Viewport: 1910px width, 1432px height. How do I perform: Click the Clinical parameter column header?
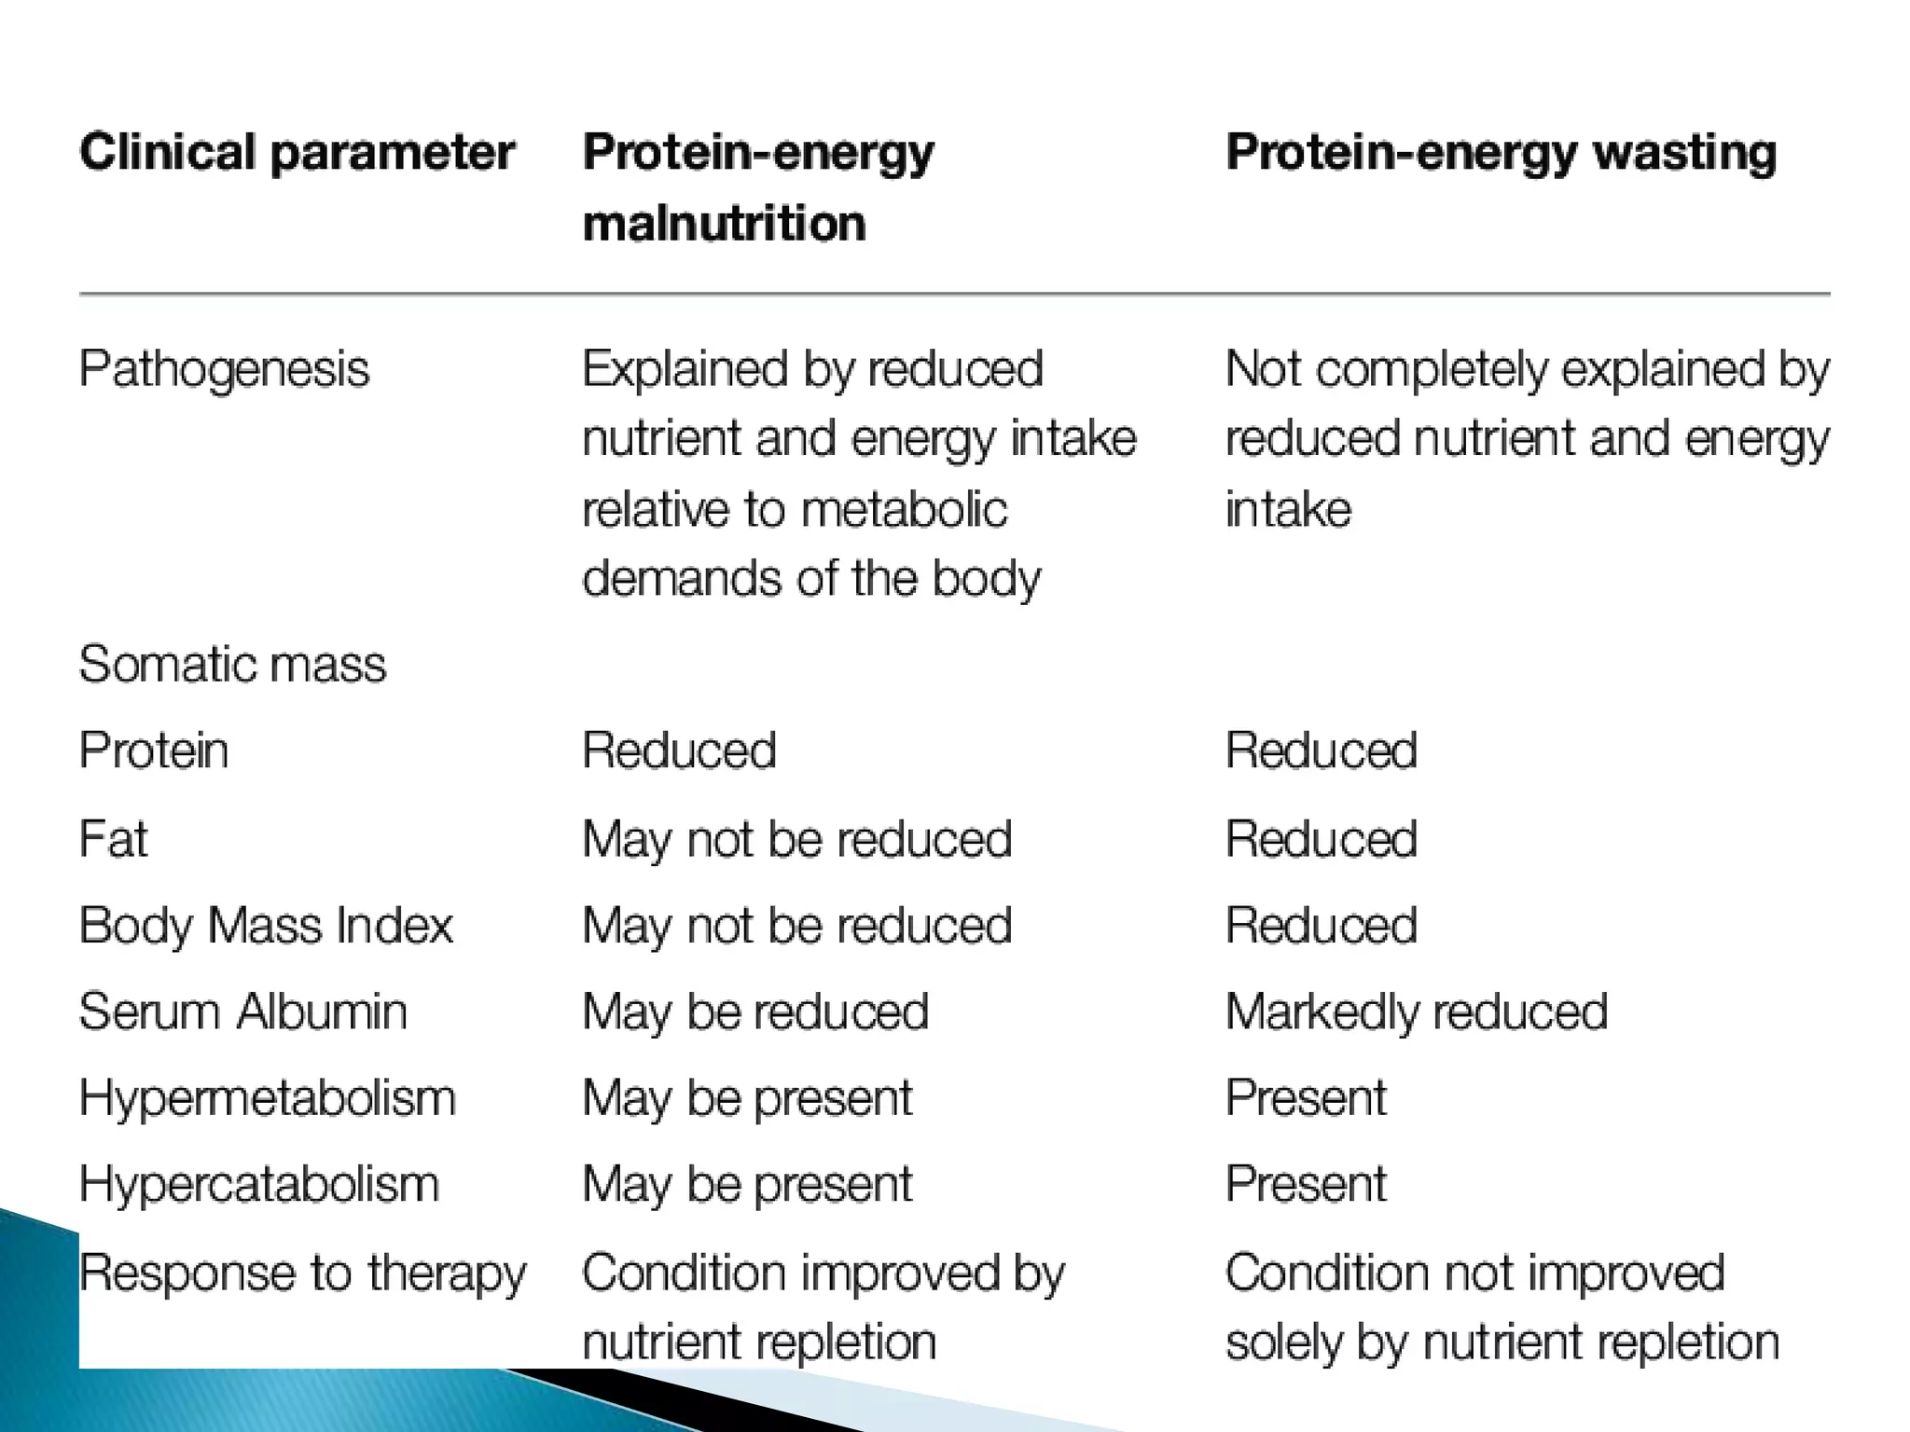tap(297, 152)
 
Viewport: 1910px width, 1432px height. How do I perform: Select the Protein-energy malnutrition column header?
tap(757, 187)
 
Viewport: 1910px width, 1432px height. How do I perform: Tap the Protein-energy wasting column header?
tap(1501, 152)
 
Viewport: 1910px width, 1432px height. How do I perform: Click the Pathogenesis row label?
tap(224, 368)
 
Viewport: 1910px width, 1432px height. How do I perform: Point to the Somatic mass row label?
tap(232, 664)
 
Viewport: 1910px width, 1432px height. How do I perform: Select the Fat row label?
tap(113, 838)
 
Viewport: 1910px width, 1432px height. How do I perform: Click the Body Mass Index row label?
tap(266, 925)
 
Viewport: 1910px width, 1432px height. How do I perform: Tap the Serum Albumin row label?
tap(242, 1012)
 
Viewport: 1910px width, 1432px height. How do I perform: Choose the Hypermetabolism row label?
tap(267, 1097)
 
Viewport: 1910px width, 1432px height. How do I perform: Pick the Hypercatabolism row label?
tap(258, 1184)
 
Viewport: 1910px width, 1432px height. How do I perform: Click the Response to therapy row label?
tap(302, 1273)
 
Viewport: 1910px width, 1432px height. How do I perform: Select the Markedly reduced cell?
tap(1416, 1012)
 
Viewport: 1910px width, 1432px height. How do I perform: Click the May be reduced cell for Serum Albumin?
tap(755, 1012)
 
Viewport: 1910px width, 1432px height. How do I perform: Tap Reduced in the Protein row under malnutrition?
tap(679, 750)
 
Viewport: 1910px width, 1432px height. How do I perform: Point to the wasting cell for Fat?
tap(1321, 838)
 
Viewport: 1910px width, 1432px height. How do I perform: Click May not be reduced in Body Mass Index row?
tap(796, 925)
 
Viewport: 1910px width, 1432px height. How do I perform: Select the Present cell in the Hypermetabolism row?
tap(1306, 1097)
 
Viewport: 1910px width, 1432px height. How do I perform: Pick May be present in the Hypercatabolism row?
tap(747, 1184)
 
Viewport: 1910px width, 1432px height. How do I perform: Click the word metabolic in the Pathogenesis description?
tap(903, 509)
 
